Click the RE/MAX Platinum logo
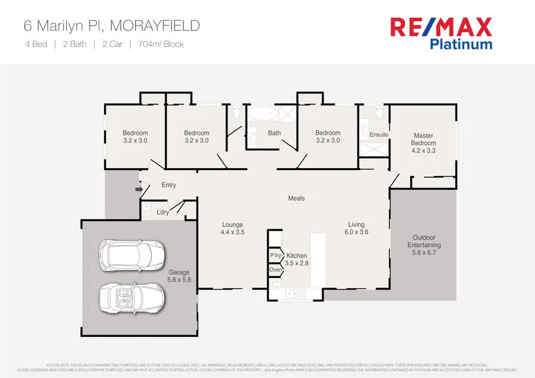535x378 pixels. [x=440, y=33]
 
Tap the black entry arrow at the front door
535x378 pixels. [x=139, y=190]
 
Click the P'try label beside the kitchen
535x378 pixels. [x=275, y=256]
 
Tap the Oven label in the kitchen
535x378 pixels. [x=275, y=270]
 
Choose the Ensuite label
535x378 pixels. [x=379, y=135]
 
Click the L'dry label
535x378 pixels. [x=163, y=212]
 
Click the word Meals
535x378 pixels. [x=296, y=199]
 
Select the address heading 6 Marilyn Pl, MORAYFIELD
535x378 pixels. [x=111, y=26]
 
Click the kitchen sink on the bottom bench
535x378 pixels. [x=292, y=293]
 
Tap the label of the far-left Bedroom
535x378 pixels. [x=135, y=137]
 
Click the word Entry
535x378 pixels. [x=169, y=185]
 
